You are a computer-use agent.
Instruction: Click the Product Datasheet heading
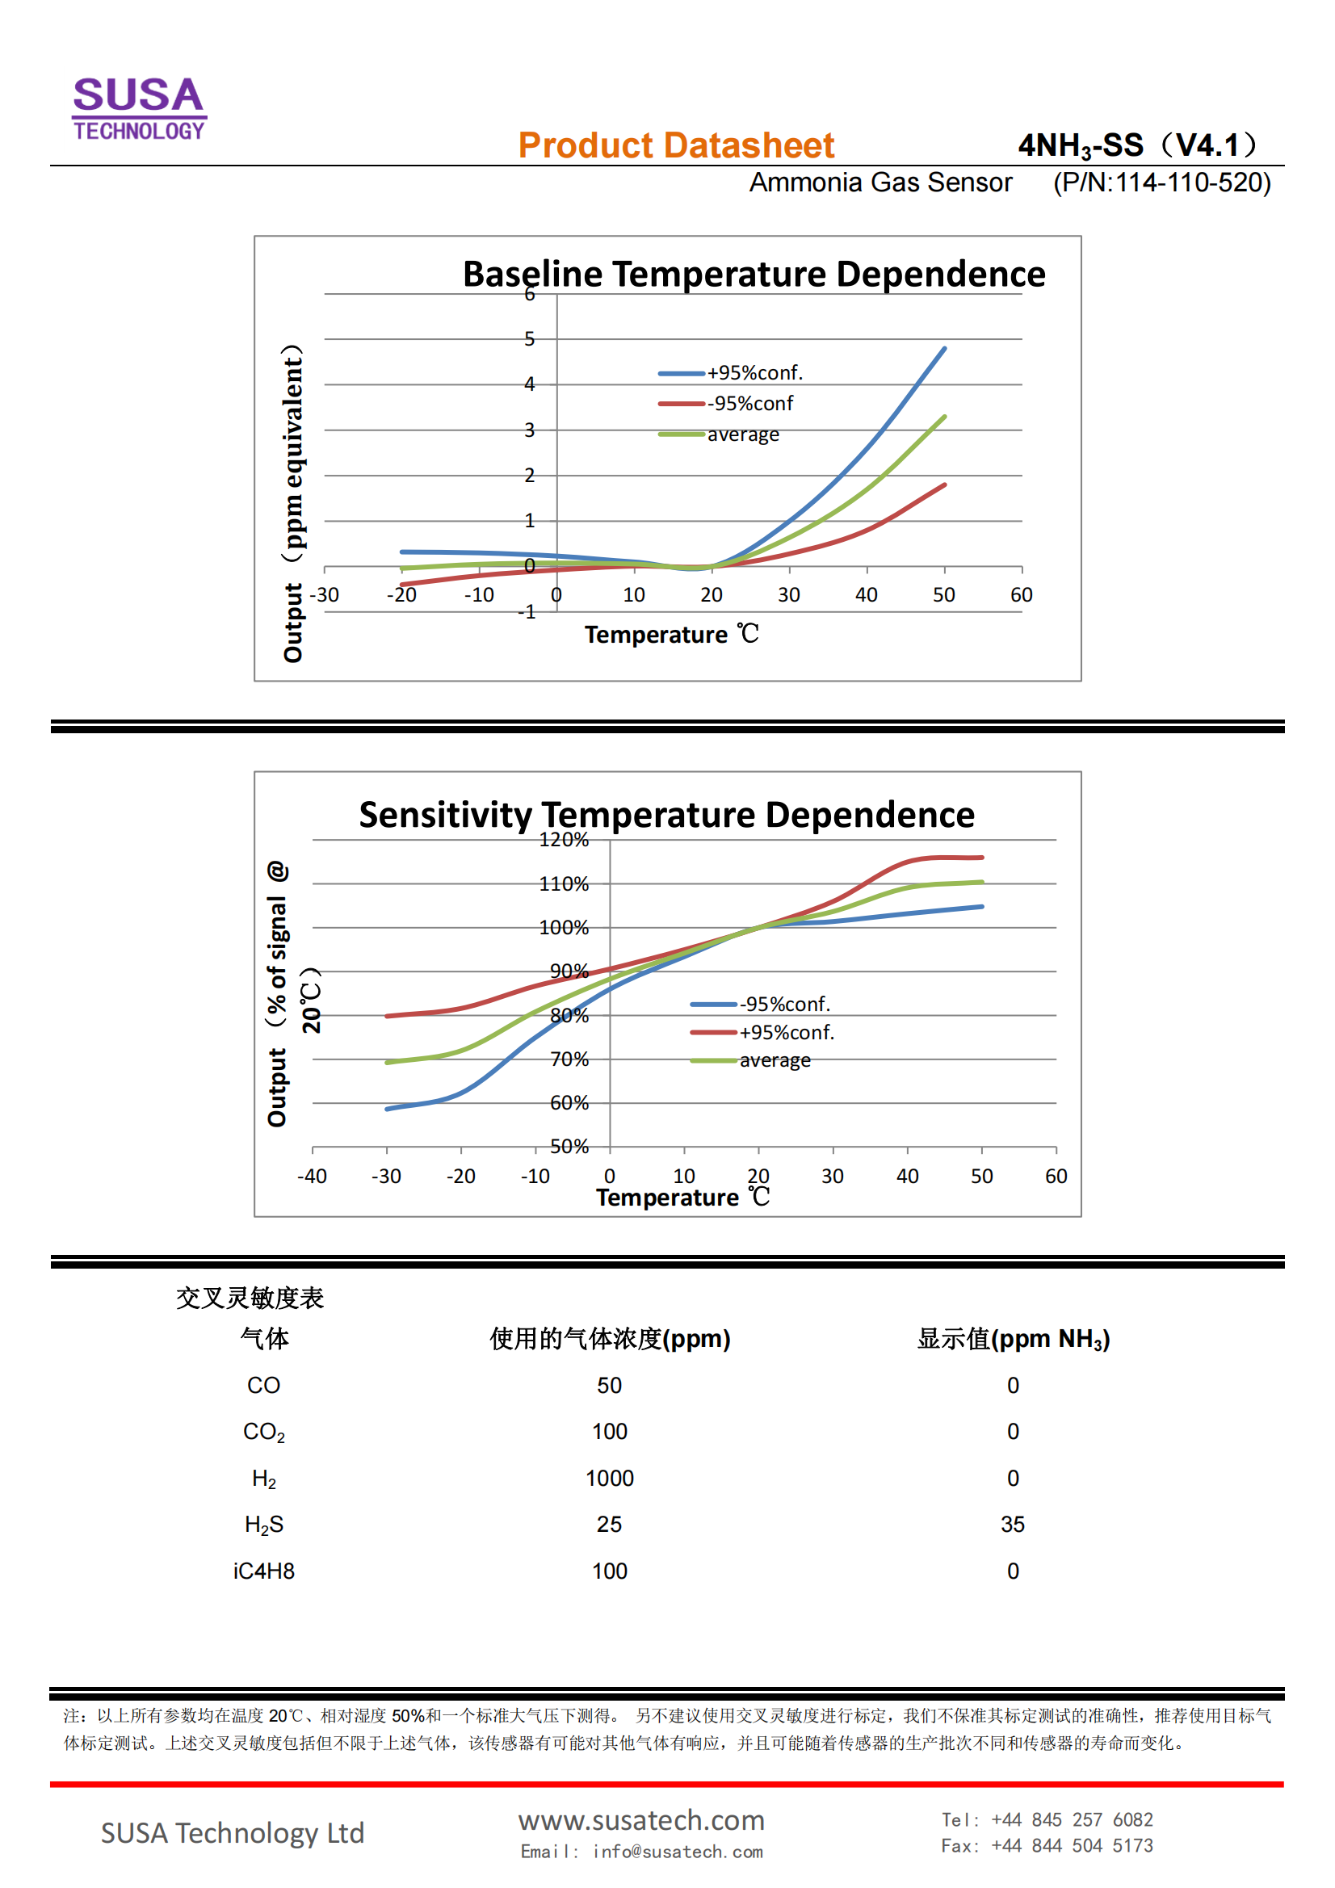[x=675, y=145]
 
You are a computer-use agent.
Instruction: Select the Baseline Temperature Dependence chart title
[x=754, y=274]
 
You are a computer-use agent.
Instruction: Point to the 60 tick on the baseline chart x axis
[x=1021, y=594]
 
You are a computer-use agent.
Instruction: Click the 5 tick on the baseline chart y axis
[x=529, y=339]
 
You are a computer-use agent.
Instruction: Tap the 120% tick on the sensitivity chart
[x=564, y=840]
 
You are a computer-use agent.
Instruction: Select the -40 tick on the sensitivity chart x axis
[x=312, y=1176]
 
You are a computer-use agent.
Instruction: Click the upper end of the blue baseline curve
[x=944, y=349]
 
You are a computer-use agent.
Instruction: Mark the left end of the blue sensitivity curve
[x=388, y=1109]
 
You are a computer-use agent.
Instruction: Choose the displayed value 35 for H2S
[x=1013, y=1524]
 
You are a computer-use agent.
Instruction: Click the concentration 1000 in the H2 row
[x=610, y=1478]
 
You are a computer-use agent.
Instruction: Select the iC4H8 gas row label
[x=263, y=1571]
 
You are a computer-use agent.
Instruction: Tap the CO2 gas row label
[x=263, y=1432]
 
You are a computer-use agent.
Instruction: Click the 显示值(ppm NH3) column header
[x=1013, y=1339]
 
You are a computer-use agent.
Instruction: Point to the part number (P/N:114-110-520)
[x=1161, y=183]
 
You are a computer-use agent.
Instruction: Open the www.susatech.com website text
[x=640, y=1819]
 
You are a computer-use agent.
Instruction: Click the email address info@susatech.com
[x=677, y=1851]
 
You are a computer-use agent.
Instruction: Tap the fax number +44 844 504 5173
[x=1071, y=1845]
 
